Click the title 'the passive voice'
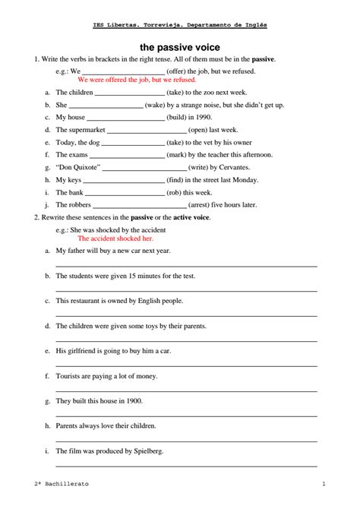tap(179, 47)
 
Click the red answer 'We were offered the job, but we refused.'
tap(137, 79)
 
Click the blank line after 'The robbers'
tap(140, 206)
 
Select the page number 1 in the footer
tap(324, 484)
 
